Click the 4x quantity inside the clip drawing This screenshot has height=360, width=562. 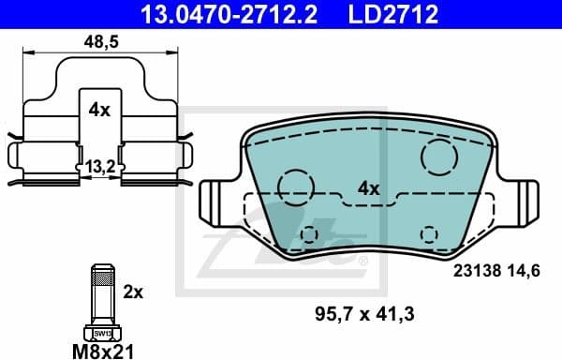tap(98, 110)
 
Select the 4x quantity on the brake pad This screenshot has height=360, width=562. tap(368, 188)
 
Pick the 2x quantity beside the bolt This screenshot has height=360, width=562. tap(134, 292)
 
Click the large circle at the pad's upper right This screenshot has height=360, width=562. tap(437, 155)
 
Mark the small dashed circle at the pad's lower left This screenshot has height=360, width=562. tap(310, 233)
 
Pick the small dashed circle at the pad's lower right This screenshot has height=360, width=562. tap(429, 233)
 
